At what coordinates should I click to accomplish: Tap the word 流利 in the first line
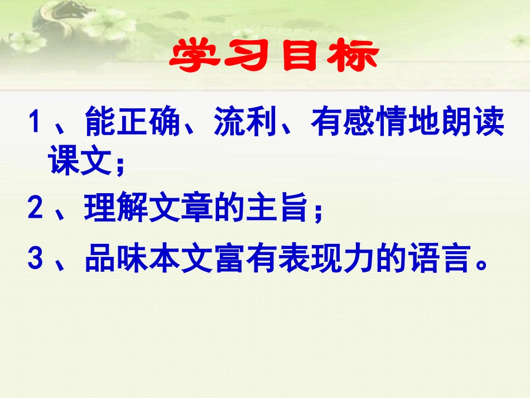(x=246, y=123)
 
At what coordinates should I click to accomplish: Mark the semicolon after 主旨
(x=319, y=212)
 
